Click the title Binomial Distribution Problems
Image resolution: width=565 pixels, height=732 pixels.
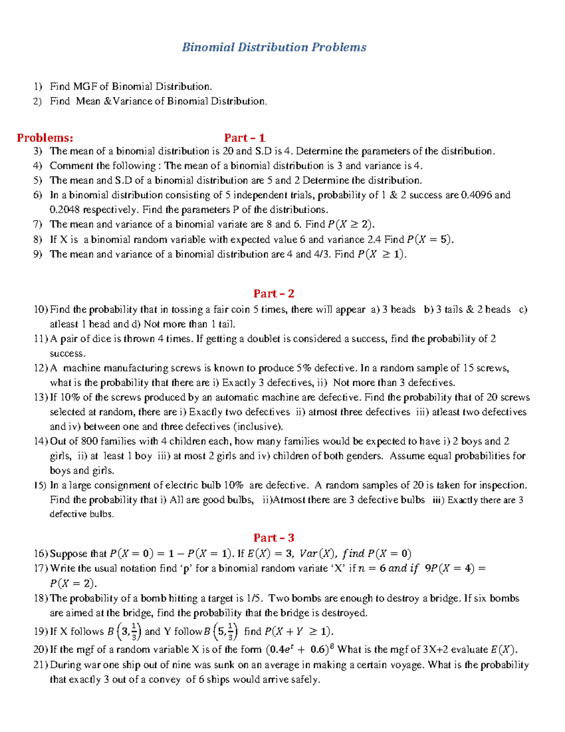(x=274, y=47)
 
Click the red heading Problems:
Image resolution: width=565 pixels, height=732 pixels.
(x=45, y=138)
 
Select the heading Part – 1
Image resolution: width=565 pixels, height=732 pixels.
(x=244, y=138)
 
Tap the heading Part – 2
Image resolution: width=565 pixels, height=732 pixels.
(x=274, y=294)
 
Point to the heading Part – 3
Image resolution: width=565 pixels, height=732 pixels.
(x=274, y=538)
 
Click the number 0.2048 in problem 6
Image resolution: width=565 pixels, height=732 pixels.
(x=65, y=209)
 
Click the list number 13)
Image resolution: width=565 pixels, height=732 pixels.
(x=40, y=397)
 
